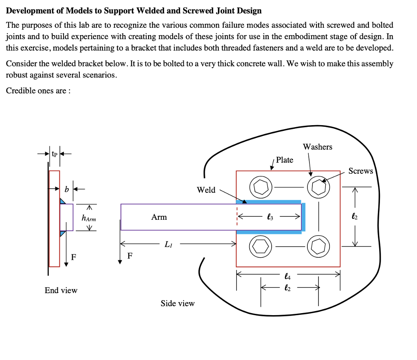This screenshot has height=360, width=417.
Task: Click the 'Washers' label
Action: (317, 147)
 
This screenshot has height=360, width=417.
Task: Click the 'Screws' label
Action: (360, 171)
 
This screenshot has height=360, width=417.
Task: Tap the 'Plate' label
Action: (284, 160)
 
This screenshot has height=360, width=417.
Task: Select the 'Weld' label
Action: (206, 190)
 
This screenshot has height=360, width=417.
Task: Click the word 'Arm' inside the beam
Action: (159, 217)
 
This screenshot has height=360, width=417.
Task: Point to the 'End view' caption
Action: (61, 290)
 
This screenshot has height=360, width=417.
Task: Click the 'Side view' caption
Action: (178, 303)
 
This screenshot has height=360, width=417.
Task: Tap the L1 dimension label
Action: (168, 245)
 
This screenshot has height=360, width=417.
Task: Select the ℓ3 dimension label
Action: (269, 217)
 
